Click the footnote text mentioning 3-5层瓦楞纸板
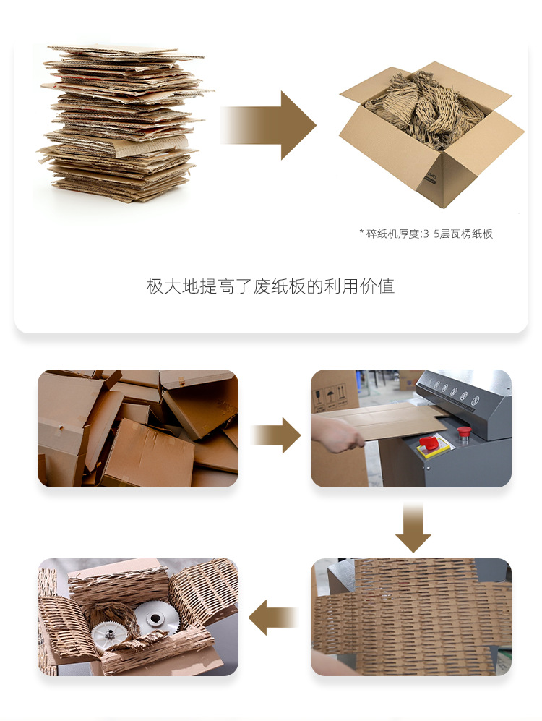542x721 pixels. pos(426,234)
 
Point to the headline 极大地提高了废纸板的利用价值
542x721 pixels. pos(270,286)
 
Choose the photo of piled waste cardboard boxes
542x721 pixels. pos(138,428)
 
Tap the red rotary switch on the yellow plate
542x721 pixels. pos(429,442)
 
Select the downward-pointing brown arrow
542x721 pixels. pos(413,528)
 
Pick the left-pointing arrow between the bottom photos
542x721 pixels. pos(273,618)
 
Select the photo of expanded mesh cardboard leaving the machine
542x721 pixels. pos(410,617)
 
